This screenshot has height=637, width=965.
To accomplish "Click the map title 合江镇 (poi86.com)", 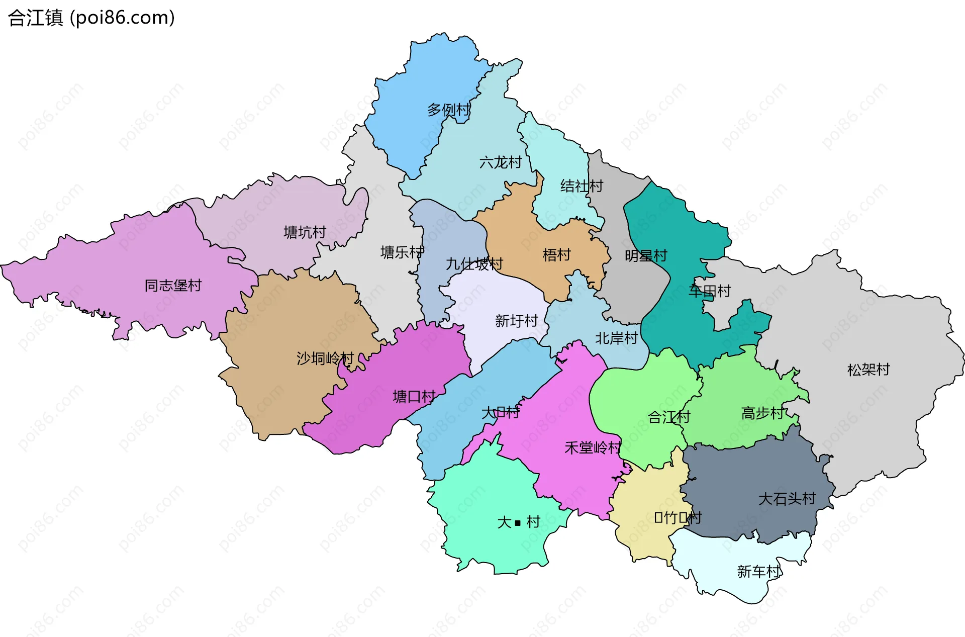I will point(91,18).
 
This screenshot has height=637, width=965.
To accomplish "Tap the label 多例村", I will point(449,110).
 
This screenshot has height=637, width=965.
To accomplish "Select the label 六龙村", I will point(501,162).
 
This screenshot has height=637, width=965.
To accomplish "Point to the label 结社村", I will point(582,186).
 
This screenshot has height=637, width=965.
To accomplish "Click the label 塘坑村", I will point(305,232).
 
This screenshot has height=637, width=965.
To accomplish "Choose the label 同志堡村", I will point(173,286).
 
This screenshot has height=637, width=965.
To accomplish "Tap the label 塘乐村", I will point(402,252).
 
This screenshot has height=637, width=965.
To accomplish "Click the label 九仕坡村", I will point(474,264).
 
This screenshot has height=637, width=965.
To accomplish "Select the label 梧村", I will point(556,255).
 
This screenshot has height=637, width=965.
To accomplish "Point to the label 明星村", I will point(646,256).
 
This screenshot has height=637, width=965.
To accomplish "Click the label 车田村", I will point(710,291).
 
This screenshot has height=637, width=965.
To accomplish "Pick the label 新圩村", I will point(516,321).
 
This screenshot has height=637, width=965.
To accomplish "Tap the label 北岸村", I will point(616,338).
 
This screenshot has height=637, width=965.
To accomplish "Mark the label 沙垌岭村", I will point(325,358).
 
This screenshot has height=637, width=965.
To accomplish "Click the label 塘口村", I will point(414,397).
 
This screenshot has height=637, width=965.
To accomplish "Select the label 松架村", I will point(868,370).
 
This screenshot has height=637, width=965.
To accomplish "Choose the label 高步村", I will point(762,413).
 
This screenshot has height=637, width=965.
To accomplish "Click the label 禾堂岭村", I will point(593,447).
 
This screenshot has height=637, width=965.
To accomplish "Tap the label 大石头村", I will point(787,499).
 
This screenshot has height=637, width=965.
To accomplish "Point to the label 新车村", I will point(758,572).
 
